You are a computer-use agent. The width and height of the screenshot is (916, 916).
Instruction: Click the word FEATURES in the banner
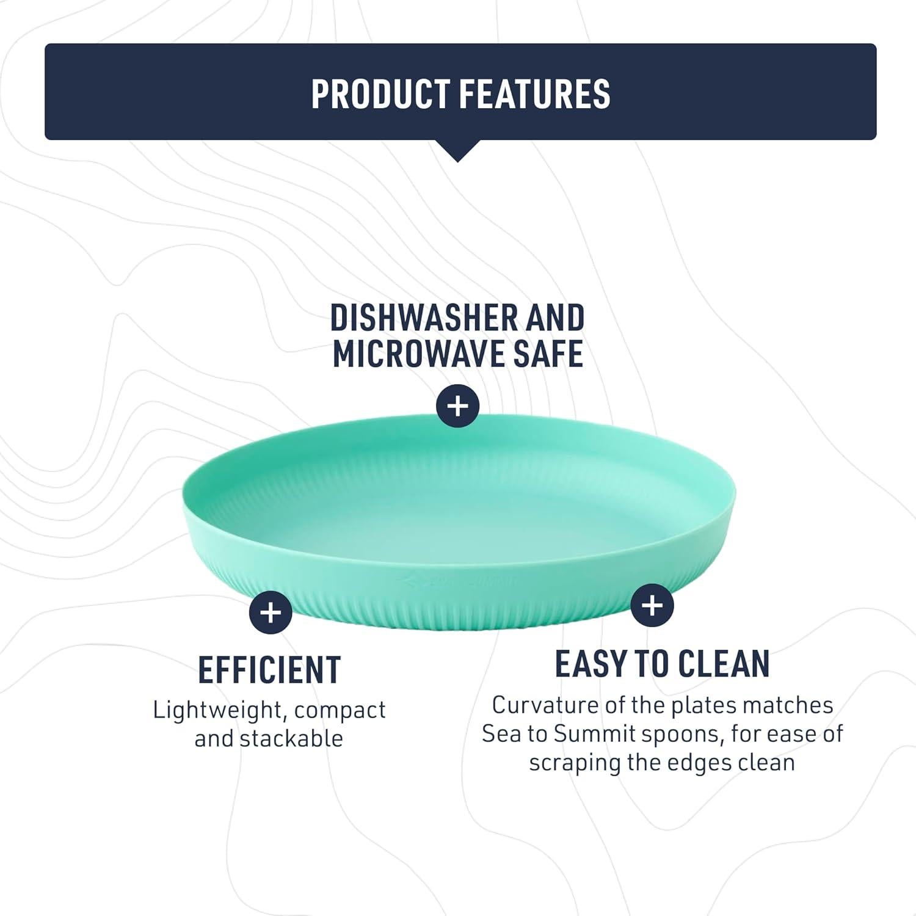click(x=534, y=93)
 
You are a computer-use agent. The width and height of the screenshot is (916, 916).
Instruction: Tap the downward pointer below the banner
click(x=458, y=150)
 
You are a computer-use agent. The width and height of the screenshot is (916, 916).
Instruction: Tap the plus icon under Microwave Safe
click(x=458, y=405)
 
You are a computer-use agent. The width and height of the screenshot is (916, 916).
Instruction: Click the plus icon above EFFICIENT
click(x=271, y=612)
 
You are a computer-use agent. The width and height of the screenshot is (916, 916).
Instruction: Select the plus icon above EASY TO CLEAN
click(x=652, y=605)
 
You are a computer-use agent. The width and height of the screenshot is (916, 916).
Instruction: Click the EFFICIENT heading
click(x=269, y=670)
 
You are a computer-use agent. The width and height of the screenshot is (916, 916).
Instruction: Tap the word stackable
click(x=291, y=739)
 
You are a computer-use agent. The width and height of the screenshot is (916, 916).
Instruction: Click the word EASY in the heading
click(x=592, y=664)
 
